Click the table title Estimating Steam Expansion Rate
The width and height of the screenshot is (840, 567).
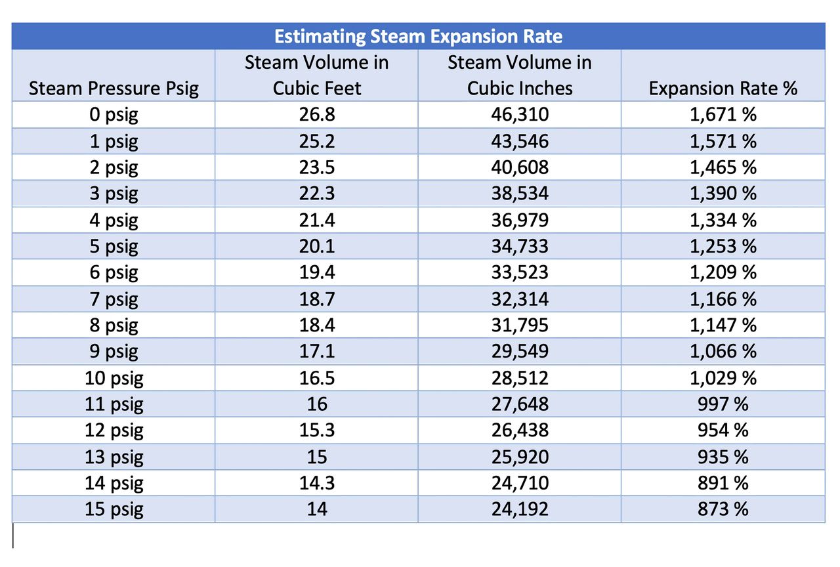coord(418,35)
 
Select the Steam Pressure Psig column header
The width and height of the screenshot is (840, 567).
coord(114,89)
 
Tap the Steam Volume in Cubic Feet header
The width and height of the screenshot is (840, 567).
coord(316,75)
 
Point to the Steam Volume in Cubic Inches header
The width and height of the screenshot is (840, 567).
coord(519,75)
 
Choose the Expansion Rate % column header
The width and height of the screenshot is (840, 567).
coord(723,89)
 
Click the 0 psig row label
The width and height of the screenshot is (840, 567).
coord(114,115)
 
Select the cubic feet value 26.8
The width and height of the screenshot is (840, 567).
coord(316,115)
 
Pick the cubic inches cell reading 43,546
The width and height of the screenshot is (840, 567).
coord(519,141)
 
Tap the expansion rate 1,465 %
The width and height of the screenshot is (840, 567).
coord(723,167)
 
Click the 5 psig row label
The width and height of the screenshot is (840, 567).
coord(114,246)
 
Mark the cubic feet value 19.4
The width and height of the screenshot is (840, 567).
coord(316,272)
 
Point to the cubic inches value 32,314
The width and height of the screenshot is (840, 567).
coord(519,299)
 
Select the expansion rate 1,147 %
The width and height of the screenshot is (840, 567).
coord(723,325)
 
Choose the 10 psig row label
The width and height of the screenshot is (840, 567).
coord(114,378)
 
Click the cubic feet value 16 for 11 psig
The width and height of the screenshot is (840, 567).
coord(316,404)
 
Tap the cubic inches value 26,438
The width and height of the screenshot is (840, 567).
coord(519,430)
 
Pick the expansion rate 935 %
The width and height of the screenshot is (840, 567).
coord(723,457)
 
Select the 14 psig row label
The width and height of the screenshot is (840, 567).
coord(114,483)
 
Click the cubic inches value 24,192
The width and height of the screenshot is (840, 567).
coord(519,509)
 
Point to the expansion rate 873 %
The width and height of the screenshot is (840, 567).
coord(723,509)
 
